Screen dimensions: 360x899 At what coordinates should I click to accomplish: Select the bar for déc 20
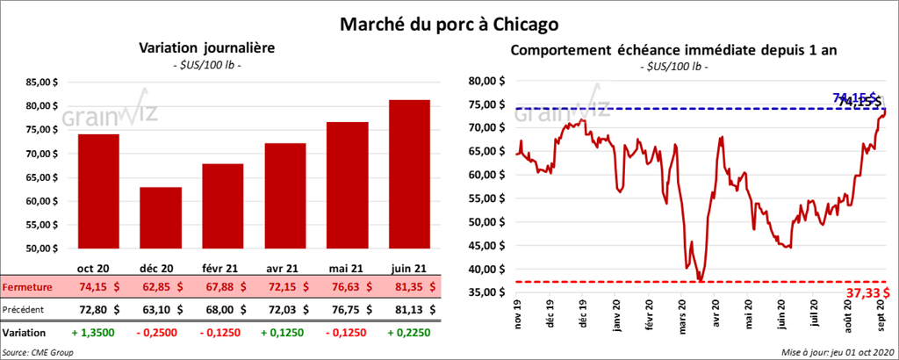tap(160, 220)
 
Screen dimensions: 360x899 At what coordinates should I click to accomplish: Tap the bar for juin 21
tap(409, 176)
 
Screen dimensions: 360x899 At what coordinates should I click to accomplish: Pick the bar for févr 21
tap(222, 207)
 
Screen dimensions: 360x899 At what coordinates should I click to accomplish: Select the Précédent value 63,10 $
tap(160, 309)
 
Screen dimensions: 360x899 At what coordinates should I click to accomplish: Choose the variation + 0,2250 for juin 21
tap(407, 333)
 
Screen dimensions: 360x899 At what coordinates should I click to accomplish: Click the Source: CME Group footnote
tap(39, 352)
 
